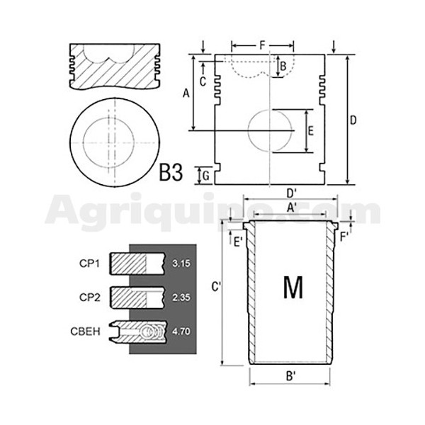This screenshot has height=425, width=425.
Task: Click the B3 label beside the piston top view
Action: (171, 173)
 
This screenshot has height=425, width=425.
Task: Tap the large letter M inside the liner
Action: (293, 287)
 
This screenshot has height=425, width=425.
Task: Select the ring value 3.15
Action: (181, 263)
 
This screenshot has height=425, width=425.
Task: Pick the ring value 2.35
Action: (181, 297)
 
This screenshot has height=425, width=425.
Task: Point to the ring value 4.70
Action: (181, 331)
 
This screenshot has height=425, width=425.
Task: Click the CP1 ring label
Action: (89, 263)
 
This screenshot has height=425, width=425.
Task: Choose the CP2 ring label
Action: (90, 297)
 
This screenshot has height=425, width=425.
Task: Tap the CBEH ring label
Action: (85, 331)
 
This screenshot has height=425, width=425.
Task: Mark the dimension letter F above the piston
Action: (262, 45)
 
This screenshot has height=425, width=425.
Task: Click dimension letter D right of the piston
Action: (353, 120)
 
